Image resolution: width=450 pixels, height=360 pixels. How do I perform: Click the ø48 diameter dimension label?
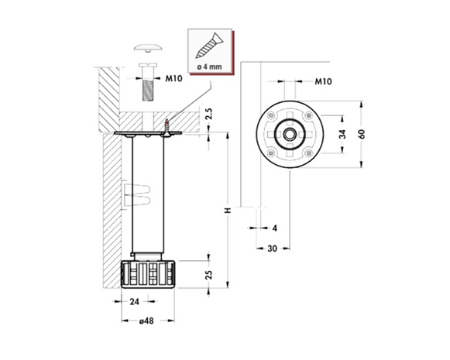click(146, 321)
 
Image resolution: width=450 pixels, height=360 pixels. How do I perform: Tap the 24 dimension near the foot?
click(134, 302)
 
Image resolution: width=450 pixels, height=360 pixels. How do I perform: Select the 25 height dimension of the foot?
click(209, 275)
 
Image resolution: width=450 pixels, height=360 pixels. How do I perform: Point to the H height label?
click(228, 211)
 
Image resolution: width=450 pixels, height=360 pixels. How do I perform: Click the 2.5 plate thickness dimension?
click(209, 114)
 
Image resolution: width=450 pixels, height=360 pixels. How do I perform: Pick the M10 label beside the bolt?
click(173, 78)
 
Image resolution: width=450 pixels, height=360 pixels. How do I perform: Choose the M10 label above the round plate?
click(323, 81)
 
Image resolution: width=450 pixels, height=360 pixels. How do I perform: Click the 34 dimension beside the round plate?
click(342, 134)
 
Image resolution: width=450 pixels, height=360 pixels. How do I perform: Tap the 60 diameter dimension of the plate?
click(362, 134)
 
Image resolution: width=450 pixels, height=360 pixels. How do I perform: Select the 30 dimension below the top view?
click(273, 249)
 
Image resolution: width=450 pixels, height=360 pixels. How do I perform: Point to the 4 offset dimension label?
click(275, 228)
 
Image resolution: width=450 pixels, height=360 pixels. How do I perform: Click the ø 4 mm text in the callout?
click(209, 67)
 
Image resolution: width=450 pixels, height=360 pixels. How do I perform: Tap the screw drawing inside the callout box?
click(209, 46)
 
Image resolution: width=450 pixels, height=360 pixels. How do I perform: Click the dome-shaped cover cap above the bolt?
click(148, 48)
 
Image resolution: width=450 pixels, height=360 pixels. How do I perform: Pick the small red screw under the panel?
click(167, 126)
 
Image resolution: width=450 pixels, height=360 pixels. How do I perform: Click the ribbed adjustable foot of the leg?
click(148, 274)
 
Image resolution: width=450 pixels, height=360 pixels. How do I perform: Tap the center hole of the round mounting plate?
click(290, 134)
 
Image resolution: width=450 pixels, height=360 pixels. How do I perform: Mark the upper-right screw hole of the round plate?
click(309, 115)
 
